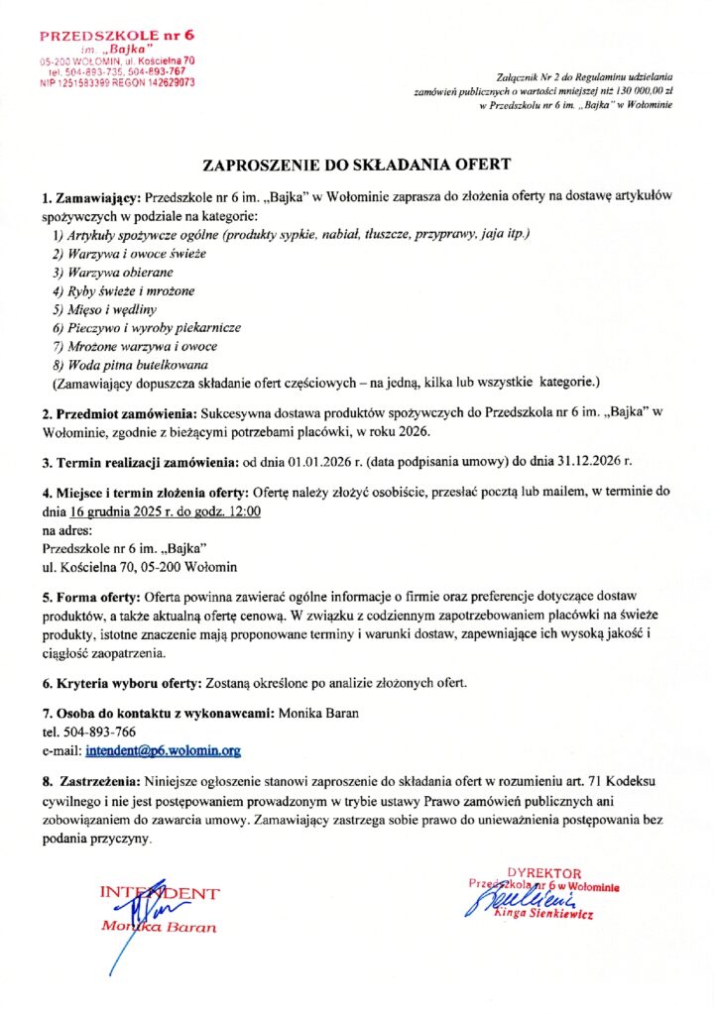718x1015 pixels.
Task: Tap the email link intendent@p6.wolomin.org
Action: pos(164,751)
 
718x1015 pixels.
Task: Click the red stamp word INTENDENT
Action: pos(160,893)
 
